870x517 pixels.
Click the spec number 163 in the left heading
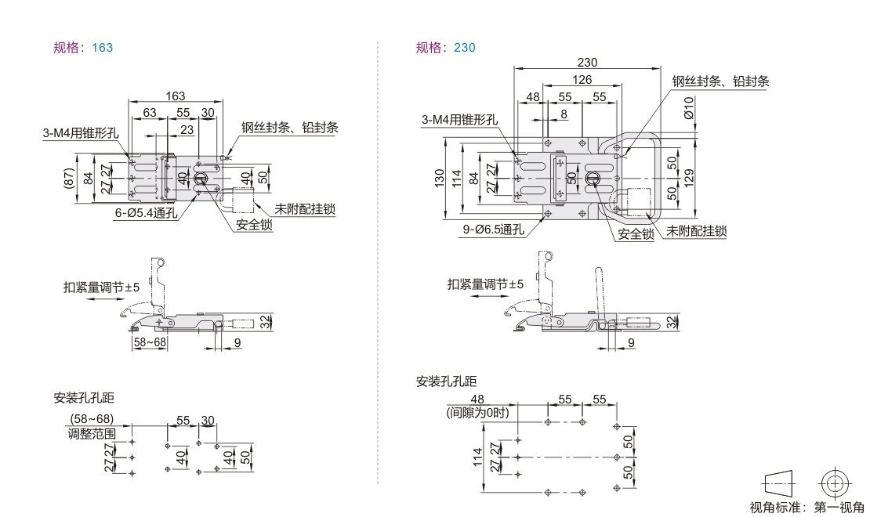pyautogui.click(x=102, y=48)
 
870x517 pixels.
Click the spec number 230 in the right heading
pyautogui.click(x=465, y=48)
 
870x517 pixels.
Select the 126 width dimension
pyautogui.click(x=582, y=79)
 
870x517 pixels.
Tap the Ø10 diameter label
pyautogui.click(x=688, y=107)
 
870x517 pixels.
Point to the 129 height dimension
pyautogui.click(x=688, y=177)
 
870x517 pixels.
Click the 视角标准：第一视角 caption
pyautogui.click(x=807, y=507)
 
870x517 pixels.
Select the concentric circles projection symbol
pyautogui.click(x=836, y=481)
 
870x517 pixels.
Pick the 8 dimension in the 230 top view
pyautogui.click(x=564, y=114)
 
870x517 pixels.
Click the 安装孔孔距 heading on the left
pyautogui.click(x=83, y=398)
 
